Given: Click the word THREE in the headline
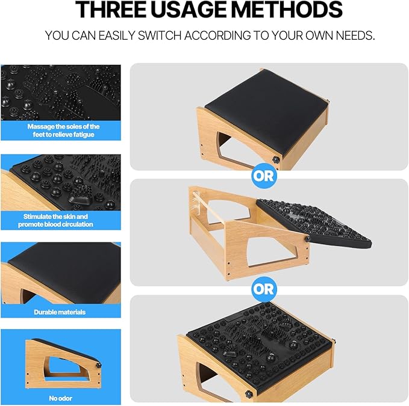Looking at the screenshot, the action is pos(111,10).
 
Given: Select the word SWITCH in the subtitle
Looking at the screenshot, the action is pos(160,35).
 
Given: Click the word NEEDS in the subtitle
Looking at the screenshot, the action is pos(355,35).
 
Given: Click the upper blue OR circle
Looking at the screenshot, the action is pos(263,176).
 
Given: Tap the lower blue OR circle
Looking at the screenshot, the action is pos(263,289).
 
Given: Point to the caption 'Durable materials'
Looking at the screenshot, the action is pos(60,312).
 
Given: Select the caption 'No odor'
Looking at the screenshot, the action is pos(60,398).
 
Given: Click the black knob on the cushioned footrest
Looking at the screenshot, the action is pos(275,159).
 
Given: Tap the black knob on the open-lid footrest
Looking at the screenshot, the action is pos(308,238).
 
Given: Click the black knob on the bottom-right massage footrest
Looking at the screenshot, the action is pos(247,393).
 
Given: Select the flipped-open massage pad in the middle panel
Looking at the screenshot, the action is pos(313,223).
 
